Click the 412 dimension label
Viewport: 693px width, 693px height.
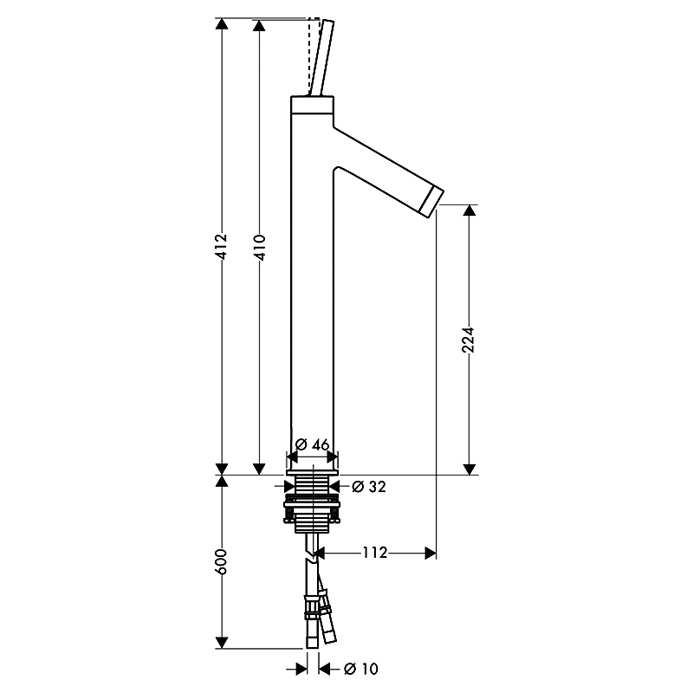click(x=222, y=247)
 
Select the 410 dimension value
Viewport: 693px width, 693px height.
click(x=259, y=248)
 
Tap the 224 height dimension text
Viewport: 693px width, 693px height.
click(x=468, y=340)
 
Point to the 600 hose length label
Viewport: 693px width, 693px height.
click(x=221, y=561)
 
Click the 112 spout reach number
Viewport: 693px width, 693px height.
click(x=375, y=553)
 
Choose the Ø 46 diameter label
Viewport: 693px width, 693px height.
click(x=312, y=444)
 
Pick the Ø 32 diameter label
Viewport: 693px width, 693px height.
click(x=369, y=487)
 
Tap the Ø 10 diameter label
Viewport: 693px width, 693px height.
click(x=361, y=669)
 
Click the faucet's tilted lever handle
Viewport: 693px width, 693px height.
click(x=321, y=57)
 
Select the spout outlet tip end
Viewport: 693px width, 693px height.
click(x=431, y=202)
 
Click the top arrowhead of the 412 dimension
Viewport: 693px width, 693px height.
click(x=222, y=24)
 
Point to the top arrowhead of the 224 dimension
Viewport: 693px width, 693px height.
click(x=470, y=210)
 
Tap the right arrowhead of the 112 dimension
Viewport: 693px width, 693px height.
click(x=431, y=553)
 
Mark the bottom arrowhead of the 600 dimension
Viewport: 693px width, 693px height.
click(x=222, y=643)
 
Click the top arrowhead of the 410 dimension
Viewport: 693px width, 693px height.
click(x=259, y=25)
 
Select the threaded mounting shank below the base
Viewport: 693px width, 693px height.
click(x=312, y=504)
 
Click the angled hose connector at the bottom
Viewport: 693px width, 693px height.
click(x=327, y=617)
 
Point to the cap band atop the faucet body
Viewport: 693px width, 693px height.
click(x=312, y=105)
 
